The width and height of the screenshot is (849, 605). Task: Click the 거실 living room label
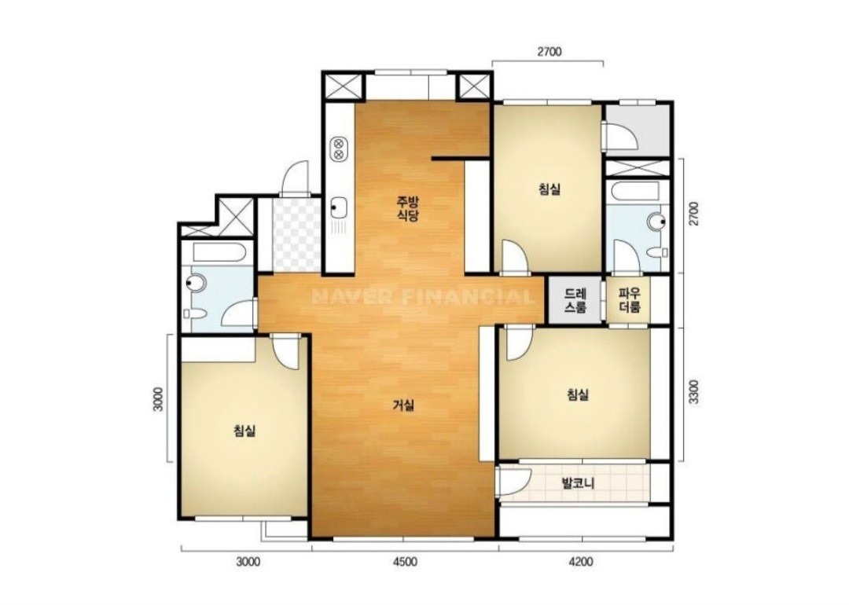point(403,405)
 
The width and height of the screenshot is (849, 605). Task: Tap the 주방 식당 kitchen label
point(408,209)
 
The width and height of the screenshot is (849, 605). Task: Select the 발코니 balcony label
point(578,483)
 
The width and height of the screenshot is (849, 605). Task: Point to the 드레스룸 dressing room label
point(575,301)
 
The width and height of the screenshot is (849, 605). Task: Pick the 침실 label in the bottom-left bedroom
point(244,431)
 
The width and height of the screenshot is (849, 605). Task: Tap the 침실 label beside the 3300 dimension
point(578,394)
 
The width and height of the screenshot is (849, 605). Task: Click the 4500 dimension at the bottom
point(405,562)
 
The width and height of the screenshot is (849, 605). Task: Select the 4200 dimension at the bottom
point(581,562)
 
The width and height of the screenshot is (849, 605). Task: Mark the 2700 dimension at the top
point(549,52)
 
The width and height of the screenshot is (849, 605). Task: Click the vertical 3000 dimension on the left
point(157,398)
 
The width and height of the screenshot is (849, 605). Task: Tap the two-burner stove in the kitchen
point(338,148)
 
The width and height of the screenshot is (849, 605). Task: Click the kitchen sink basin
point(339,206)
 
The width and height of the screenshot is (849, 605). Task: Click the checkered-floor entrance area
point(296,235)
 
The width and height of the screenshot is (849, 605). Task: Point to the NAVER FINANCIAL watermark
point(423,296)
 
